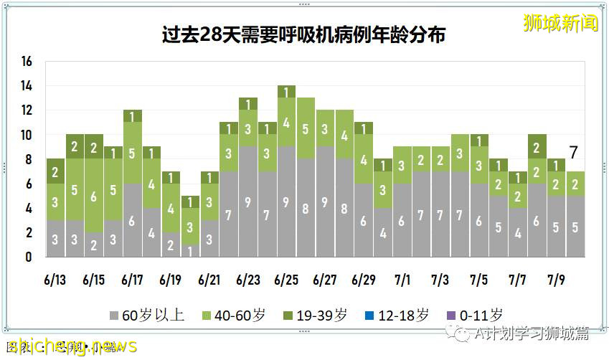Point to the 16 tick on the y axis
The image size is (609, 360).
coord(27,62)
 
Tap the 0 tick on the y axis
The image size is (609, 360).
coord(29,257)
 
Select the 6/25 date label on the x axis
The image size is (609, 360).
coord(286,280)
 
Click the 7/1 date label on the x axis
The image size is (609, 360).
coord(402,280)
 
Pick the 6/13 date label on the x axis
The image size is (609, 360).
coord(55,280)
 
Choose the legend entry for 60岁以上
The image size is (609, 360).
coord(147,315)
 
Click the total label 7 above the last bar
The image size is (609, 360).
coord(574,152)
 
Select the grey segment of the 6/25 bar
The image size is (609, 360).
coord(286,202)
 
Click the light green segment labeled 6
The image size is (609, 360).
coord(93,196)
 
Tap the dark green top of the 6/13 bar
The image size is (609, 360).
coord(55,171)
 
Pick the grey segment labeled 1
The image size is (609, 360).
coord(190,250)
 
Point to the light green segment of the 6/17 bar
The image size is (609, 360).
coord(132,153)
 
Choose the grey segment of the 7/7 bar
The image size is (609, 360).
coord(517,232)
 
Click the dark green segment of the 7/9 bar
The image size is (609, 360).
coord(555,165)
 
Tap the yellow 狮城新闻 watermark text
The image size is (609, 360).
coord(560,23)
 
